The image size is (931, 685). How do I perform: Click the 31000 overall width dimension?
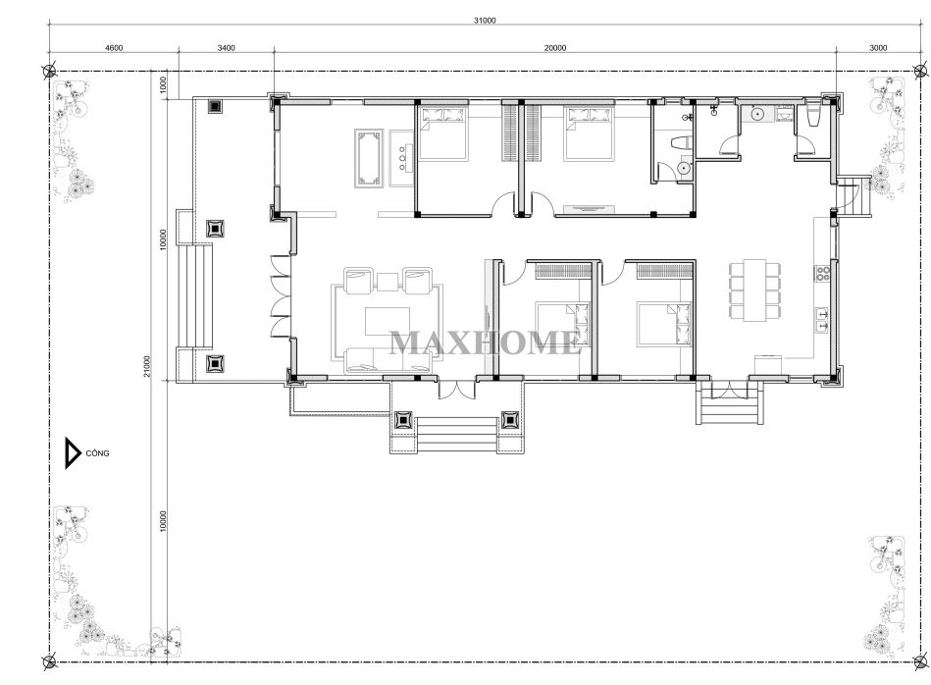point(484,21)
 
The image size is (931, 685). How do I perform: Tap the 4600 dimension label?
point(114,48)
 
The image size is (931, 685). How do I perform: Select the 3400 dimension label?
point(227,48)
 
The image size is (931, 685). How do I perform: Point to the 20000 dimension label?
point(555,48)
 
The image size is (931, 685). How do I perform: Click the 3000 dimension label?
point(878,48)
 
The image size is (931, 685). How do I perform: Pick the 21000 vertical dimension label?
point(147,367)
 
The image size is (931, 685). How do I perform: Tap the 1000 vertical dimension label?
point(164,85)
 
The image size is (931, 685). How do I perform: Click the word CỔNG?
point(97,453)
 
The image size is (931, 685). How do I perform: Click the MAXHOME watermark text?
point(486,342)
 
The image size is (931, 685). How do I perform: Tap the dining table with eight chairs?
point(754,290)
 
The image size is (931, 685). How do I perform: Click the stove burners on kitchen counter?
point(822,273)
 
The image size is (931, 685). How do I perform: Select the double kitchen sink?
point(822,320)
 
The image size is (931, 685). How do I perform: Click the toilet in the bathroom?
point(680,142)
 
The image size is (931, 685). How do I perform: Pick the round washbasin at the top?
point(757,114)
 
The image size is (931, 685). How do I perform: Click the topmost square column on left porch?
point(215,106)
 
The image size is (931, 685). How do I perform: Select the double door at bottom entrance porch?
point(457,391)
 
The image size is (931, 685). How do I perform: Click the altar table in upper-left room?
point(367,159)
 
